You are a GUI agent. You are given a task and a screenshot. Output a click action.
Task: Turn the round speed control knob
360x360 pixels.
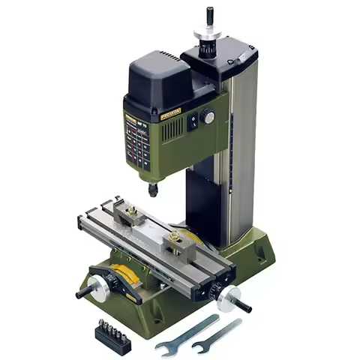[x=208, y=116]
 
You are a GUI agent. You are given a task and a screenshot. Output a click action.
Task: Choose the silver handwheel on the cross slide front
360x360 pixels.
[x=95, y=286]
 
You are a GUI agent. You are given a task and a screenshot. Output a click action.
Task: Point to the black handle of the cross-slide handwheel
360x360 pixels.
[x=82, y=292]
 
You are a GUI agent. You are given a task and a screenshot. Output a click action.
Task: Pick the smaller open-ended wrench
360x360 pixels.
[x=217, y=335]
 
